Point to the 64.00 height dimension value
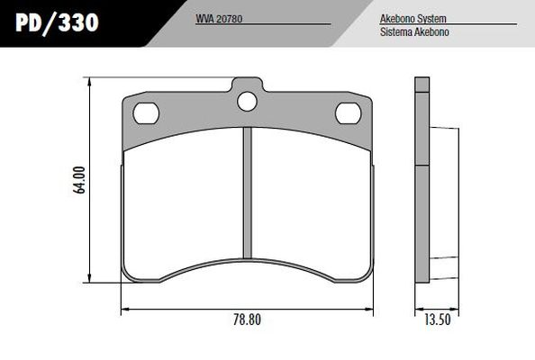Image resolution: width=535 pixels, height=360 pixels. [x=80, y=180]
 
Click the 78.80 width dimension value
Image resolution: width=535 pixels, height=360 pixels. [x=248, y=319]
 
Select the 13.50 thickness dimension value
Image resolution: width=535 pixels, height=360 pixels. [x=437, y=319]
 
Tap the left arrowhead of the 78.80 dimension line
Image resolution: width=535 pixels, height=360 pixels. [x=125, y=309]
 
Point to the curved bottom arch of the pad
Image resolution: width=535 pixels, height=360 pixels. [x=248, y=262]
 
